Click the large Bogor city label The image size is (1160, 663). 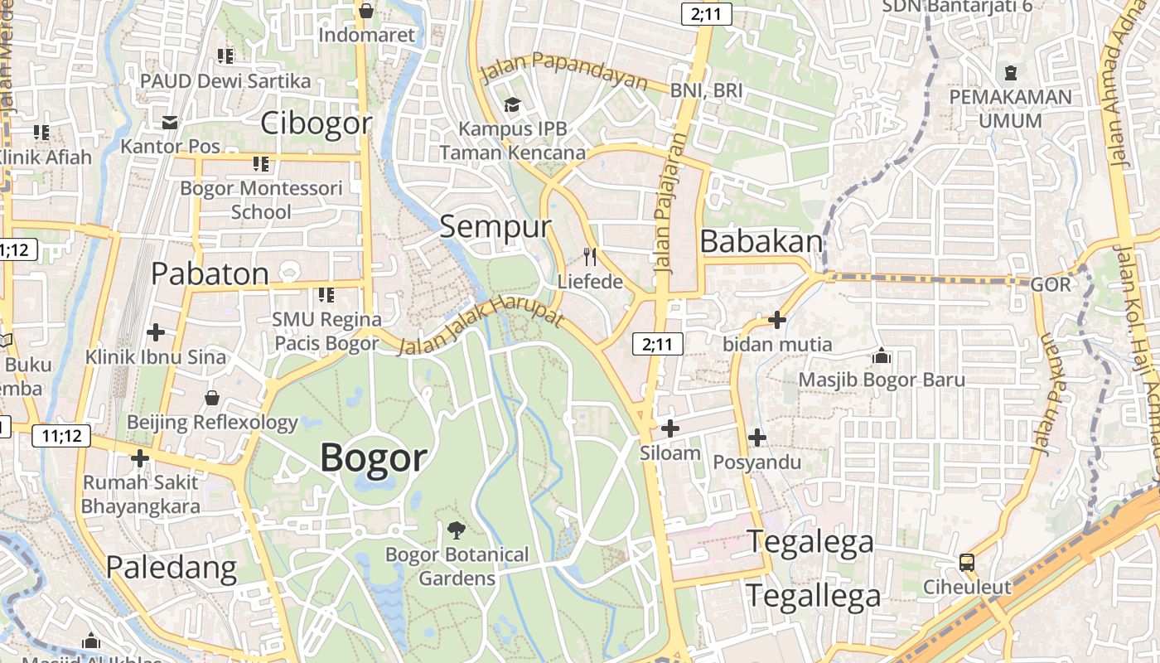[374, 457]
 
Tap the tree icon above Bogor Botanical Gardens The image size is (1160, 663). [456, 530]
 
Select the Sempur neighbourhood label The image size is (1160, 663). [495, 226]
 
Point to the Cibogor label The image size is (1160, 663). [317, 123]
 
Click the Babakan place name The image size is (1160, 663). [761, 241]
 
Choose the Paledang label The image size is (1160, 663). [172, 567]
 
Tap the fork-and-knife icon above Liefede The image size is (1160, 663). [589, 256]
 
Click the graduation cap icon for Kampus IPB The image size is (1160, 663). [512, 104]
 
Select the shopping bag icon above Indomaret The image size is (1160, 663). [366, 11]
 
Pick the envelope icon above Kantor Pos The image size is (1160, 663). [170, 123]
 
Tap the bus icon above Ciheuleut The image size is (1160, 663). [967, 563]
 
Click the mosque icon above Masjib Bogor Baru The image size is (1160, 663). [882, 356]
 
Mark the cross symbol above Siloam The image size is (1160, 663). [669, 428]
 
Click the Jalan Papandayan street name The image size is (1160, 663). [564, 70]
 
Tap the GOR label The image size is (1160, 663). [1050, 284]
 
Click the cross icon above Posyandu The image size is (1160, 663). [756, 438]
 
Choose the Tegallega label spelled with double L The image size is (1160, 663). [814, 596]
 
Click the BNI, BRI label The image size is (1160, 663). [707, 90]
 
